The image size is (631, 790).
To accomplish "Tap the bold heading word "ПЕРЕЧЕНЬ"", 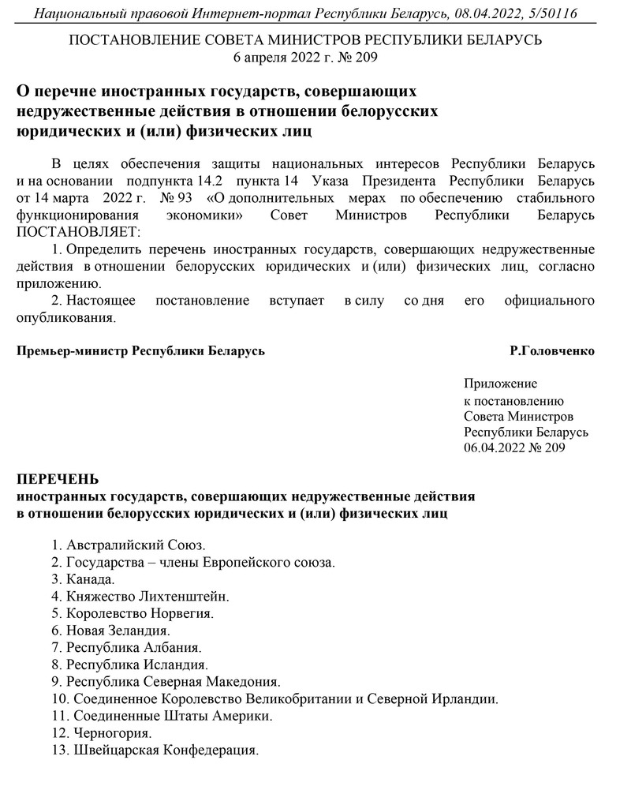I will (x=58, y=479).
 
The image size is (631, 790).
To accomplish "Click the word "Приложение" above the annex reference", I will (x=500, y=384).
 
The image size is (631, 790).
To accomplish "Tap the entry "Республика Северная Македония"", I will (x=166, y=681).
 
